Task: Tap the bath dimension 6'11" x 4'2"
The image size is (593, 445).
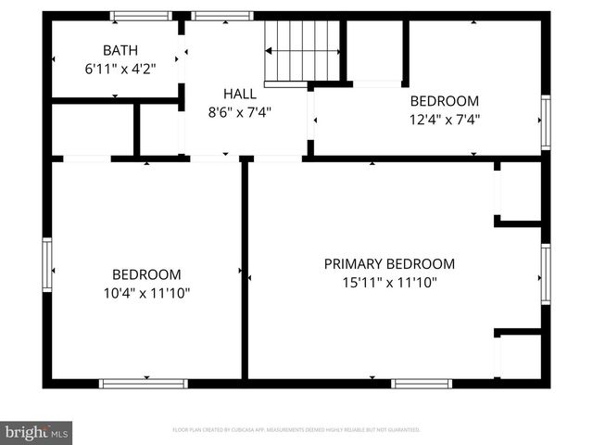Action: coord(116,68)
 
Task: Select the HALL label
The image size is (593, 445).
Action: coord(239,94)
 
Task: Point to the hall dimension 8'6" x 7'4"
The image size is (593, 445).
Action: coord(239,111)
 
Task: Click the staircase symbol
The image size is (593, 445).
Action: coord(303,52)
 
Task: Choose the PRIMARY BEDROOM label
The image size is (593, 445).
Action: coord(389,264)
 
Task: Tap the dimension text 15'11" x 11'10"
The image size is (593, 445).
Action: coord(389,283)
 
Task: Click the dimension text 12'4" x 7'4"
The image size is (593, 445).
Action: coord(445,119)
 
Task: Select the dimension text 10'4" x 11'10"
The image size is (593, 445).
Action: coord(146,293)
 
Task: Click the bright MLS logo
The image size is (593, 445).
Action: coord(37,432)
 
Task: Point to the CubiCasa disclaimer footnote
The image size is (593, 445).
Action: coord(296,430)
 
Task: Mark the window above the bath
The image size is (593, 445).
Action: coord(141,16)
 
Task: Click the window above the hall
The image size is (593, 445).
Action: coord(222,16)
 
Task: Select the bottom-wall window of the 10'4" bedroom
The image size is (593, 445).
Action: coord(144,383)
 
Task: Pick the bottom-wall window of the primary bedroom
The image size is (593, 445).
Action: coord(422,383)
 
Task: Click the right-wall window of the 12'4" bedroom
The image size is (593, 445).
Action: coord(546,122)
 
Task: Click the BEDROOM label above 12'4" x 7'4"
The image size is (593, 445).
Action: coord(445,101)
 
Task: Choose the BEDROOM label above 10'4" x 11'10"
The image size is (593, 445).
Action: coord(146,274)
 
